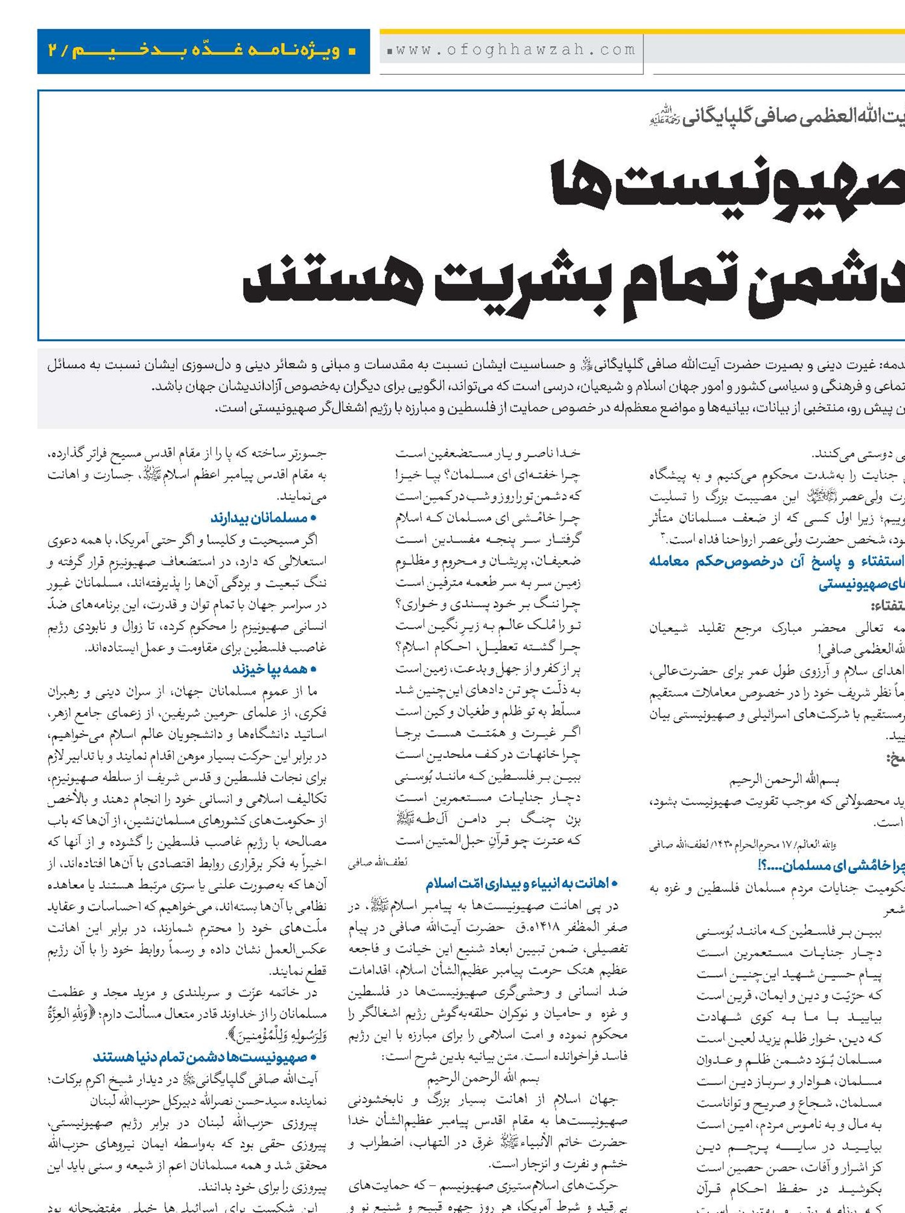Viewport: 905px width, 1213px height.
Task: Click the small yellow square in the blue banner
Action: tap(352, 51)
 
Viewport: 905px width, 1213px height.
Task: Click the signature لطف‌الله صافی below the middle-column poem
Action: tap(378, 862)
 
